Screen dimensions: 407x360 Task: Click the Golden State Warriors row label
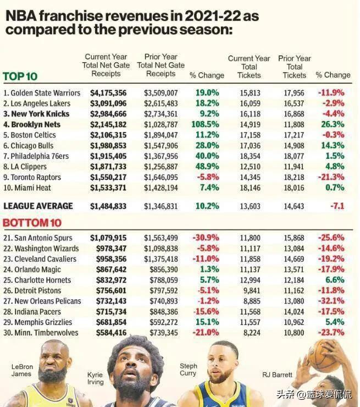(x=42, y=93)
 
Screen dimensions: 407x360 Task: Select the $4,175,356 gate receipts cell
(x=108, y=93)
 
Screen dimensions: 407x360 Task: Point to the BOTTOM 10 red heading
(x=33, y=223)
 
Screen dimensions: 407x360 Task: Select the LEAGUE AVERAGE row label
(x=38, y=206)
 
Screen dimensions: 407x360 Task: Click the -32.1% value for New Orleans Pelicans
(x=331, y=301)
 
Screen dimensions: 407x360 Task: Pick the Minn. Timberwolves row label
(x=41, y=333)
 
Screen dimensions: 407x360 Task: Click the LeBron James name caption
(x=21, y=370)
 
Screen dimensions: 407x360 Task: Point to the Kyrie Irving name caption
(x=95, y=378)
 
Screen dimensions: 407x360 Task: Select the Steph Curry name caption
(x=188, y=370)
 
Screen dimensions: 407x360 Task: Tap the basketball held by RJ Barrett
(x=324, y=355)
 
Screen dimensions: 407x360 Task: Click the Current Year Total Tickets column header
(x=249, y=67)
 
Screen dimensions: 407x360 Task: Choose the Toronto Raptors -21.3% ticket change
(x=331, y=177)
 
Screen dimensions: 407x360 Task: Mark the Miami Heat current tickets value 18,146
(x=248, y=188)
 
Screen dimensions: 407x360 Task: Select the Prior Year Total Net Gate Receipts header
(x=160, y=65)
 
